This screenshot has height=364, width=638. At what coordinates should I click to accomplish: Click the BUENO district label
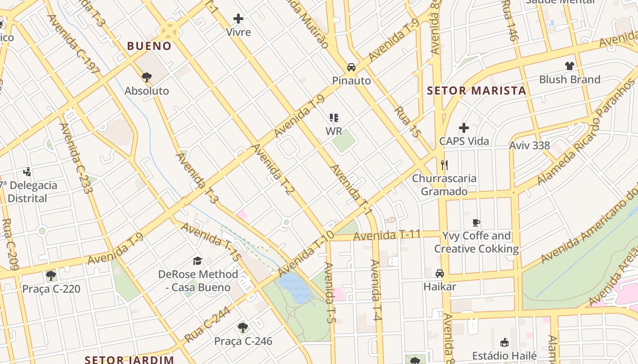(x=149, y=46)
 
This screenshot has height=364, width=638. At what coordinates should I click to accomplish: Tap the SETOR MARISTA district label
(x=476, y=91)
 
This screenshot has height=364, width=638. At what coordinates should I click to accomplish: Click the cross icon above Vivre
(x=238, y=19)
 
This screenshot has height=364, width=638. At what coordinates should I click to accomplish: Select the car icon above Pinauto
(x=351, y=67)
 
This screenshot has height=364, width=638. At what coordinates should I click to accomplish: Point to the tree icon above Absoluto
(x=146, y=77)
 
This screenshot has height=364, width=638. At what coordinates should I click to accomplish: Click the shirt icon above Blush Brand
(x=569, y=66)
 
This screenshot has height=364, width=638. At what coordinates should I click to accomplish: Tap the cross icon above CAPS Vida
(x=464, y=128)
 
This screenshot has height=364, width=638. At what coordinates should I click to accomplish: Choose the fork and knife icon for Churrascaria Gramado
(x=444, y=165)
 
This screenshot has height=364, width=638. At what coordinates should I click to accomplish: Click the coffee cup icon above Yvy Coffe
(x=476, y=222)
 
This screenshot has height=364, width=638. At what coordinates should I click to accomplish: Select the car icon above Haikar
(x=440, y=273)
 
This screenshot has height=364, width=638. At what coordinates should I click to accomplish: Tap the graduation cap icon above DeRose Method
(x=197, y=261)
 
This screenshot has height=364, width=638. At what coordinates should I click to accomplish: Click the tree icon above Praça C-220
(x=51, y=275)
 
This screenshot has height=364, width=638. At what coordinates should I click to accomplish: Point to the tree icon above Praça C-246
(x=243, y=327)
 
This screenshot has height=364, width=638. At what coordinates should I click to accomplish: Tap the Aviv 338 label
(x=529, y=146)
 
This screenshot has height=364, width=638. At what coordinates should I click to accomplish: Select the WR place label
(x=334, y=131)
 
